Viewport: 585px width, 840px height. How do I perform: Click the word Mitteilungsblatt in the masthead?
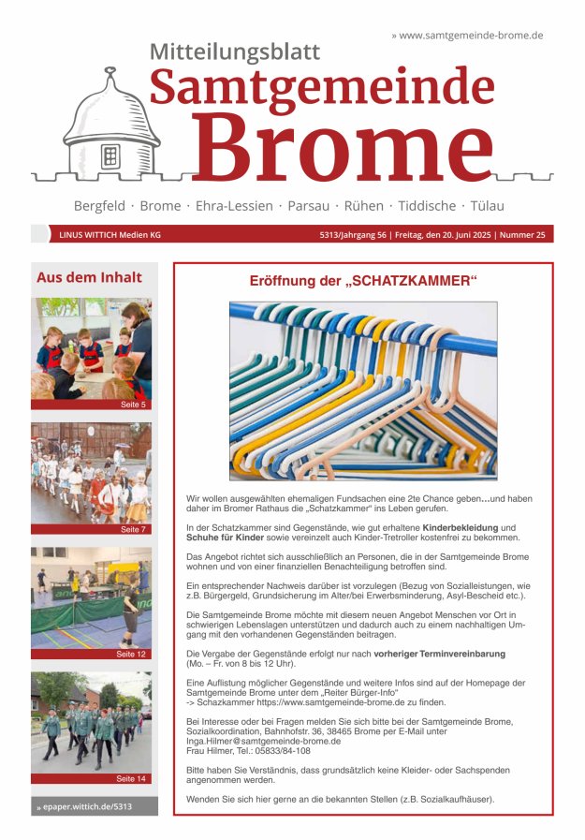click(x=234, y=52)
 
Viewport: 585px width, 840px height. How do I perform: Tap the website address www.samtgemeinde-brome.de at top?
click(x=471, y=35)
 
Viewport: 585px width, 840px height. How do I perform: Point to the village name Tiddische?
click(x=427, y=206)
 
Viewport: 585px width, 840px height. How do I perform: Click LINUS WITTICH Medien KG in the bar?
click(x=110, y=235)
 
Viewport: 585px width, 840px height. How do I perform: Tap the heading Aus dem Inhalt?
click(x=89, y=277)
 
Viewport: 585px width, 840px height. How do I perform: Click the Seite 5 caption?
click(x=132, y=405)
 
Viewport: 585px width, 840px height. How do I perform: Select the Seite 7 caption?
click(x=132, y=529)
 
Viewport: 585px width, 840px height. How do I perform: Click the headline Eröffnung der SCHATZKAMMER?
click(x=363, y=281)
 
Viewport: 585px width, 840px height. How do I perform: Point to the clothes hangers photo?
click(x=363, y=390)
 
